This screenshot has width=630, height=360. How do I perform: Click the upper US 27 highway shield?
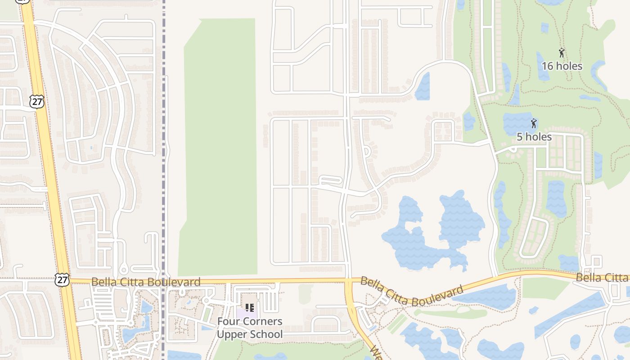click(x=37, y=102)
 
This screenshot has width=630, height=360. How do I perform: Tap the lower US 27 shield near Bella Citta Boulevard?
click(x=62, y=279)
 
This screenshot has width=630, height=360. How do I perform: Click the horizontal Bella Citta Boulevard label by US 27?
click(x=145, y=282)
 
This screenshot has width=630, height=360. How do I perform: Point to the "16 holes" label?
click(x=562, y=66)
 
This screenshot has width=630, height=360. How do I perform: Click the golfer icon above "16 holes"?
click(x=562, y=52)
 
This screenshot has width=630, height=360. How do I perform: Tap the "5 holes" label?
click(x=534, y=137)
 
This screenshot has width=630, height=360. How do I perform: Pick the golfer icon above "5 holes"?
click(x=534, y=123)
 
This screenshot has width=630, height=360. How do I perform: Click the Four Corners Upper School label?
click(x=250, y=328)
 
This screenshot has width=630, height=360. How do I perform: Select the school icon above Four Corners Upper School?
click(x=250, y=308)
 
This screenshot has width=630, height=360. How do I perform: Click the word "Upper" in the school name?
click(x=233, y=334)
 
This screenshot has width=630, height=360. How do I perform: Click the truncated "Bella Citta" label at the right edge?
click(x=602, y=278)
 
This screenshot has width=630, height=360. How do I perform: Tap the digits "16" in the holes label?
click(x=547, y=66)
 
